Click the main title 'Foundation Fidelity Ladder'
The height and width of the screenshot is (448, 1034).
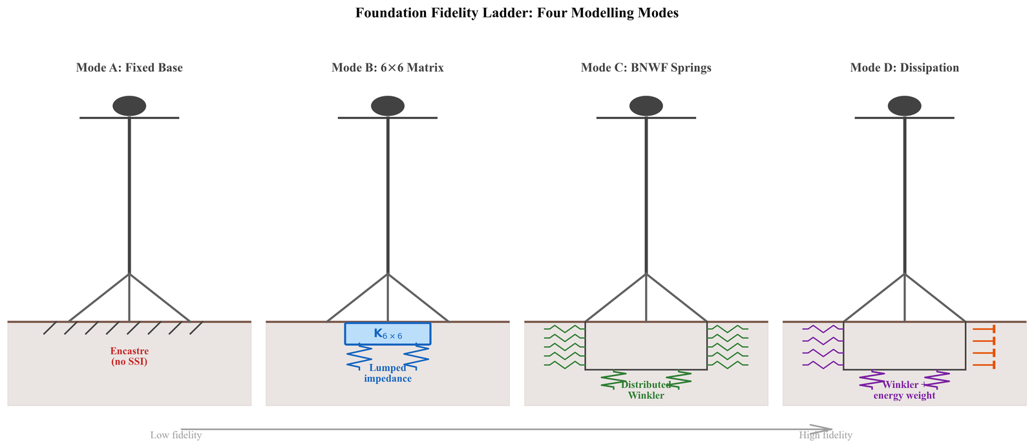516,13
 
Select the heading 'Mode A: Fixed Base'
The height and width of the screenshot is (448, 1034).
129,68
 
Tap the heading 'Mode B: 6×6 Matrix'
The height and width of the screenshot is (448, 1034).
388,68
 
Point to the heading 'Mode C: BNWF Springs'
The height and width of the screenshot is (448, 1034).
646,68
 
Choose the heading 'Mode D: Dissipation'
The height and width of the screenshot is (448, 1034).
905,68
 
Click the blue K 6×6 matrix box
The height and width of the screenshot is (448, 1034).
388,334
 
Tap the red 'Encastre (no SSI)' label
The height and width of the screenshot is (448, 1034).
129,356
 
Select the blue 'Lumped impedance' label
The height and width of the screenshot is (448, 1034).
388,373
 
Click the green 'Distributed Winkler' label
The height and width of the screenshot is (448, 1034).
646,390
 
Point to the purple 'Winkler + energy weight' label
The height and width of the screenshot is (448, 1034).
905,390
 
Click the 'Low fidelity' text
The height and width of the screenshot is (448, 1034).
176,435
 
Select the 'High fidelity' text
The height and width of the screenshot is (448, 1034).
825,435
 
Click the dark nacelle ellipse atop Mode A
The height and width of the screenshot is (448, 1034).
129,105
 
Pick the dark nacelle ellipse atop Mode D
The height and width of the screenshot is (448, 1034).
905,105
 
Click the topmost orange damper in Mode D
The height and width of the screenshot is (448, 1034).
984,328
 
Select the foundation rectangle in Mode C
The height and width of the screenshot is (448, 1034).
646,345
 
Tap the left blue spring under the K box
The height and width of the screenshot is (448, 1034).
359,357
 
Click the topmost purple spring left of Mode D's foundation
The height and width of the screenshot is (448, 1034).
823,328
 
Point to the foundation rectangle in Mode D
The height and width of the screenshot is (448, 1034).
905,345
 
